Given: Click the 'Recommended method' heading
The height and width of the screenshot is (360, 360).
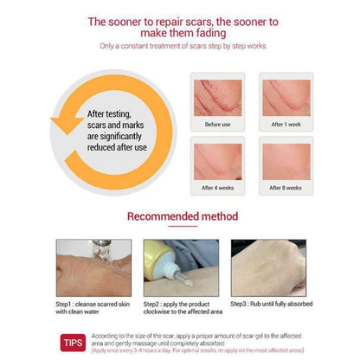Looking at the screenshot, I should (181, 215).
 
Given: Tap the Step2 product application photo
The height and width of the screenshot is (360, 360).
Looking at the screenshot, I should (180, 267).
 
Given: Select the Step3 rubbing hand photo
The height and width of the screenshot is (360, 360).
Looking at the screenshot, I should (270, 267).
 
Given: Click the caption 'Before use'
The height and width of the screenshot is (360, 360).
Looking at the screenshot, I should (218, 124).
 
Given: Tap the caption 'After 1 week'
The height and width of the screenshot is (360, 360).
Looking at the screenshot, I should (286, 124).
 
